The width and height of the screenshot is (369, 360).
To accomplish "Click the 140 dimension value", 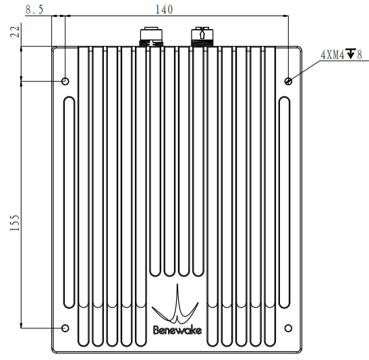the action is pyautogui.click(x=164, y=9).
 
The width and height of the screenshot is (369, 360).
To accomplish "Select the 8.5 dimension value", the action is pyautogui.click(x=34, y=10).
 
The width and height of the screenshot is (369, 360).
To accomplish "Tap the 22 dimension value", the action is pyautogui.click(x=15, y=32).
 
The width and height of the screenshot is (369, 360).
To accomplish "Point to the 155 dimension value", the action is pyautogui.click(x=15, y=222).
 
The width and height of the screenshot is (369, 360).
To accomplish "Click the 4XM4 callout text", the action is pyautogui.click(x=333, y=55).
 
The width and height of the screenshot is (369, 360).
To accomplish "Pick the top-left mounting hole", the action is pyautogui.click(x=65, y=82).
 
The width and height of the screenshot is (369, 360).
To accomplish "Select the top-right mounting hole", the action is pyautogui.click(x=288, y=82).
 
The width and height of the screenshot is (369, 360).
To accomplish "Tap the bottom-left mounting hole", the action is pyautogui.click(x=65, y=328).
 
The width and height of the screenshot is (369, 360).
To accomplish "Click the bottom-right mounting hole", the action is pyautogui.click(x=288, y=328).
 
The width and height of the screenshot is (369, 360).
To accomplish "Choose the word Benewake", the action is pyautogui.click(x=177, y=330).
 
